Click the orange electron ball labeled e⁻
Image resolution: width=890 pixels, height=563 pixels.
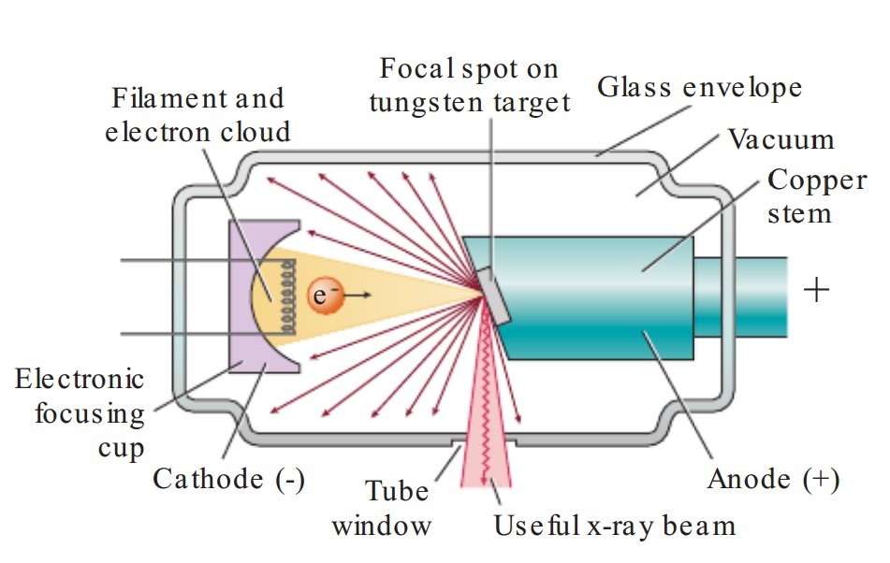326,295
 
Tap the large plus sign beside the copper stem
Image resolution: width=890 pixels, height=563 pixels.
816,290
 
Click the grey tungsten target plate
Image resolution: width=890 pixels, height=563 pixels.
493,296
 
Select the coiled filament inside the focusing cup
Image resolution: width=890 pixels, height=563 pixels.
289,296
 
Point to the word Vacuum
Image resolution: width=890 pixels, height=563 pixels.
781,139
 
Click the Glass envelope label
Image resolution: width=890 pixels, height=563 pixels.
699,88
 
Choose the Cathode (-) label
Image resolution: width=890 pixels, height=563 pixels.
228,479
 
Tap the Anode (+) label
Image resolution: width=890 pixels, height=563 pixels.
773,479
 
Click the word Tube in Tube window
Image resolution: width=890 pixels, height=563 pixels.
397,491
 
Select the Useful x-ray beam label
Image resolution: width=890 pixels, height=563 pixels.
615,526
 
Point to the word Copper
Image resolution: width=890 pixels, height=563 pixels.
817,181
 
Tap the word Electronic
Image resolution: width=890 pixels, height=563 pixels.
79,379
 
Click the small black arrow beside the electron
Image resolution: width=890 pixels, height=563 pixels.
357,295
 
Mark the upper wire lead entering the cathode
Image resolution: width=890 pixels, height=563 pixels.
187,260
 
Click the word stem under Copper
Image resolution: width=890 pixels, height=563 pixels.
799,214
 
